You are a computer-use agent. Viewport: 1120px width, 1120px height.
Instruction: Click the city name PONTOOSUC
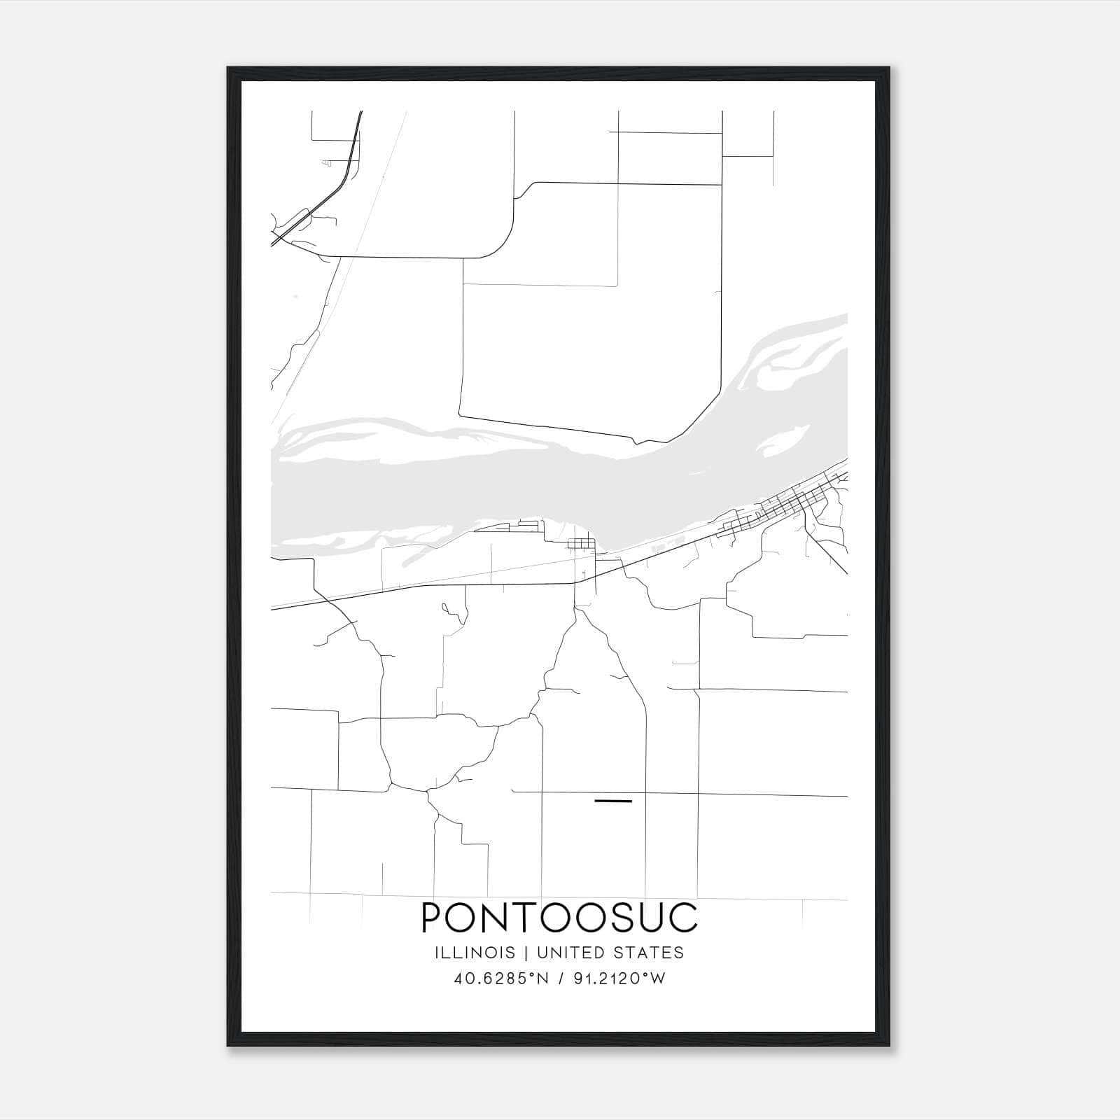(x=559, y=918)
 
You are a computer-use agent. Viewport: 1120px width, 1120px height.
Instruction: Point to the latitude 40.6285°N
(x=500, y=979)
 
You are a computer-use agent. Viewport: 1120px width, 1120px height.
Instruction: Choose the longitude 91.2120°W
(x=617, y=979)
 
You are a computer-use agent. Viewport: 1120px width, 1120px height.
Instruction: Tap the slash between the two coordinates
(x=559, y=979)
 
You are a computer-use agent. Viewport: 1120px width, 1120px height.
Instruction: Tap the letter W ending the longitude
(x=657, y=979)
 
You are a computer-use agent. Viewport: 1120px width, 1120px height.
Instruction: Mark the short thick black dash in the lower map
(x=612, y=800)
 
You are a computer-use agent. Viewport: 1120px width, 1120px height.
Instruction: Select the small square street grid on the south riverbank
(x=582, y=544)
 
